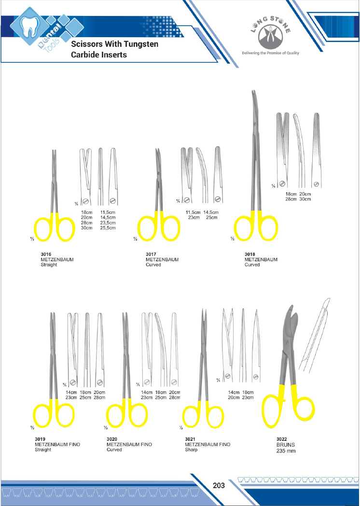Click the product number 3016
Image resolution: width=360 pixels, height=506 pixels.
46,254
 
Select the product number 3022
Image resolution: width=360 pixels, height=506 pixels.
282,439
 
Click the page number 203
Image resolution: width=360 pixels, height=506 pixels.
219,485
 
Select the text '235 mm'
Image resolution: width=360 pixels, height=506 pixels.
286,451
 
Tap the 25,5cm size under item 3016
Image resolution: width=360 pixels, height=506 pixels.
108,228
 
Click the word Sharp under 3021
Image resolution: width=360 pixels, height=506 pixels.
191,450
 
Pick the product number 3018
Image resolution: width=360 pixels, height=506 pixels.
249,254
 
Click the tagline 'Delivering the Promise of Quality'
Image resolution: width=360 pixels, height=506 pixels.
271,53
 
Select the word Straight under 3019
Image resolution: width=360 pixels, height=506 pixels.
43,450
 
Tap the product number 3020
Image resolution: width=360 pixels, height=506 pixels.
112,439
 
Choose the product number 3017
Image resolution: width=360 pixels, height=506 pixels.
151,254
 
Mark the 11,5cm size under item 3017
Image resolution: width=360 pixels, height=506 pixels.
193,212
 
